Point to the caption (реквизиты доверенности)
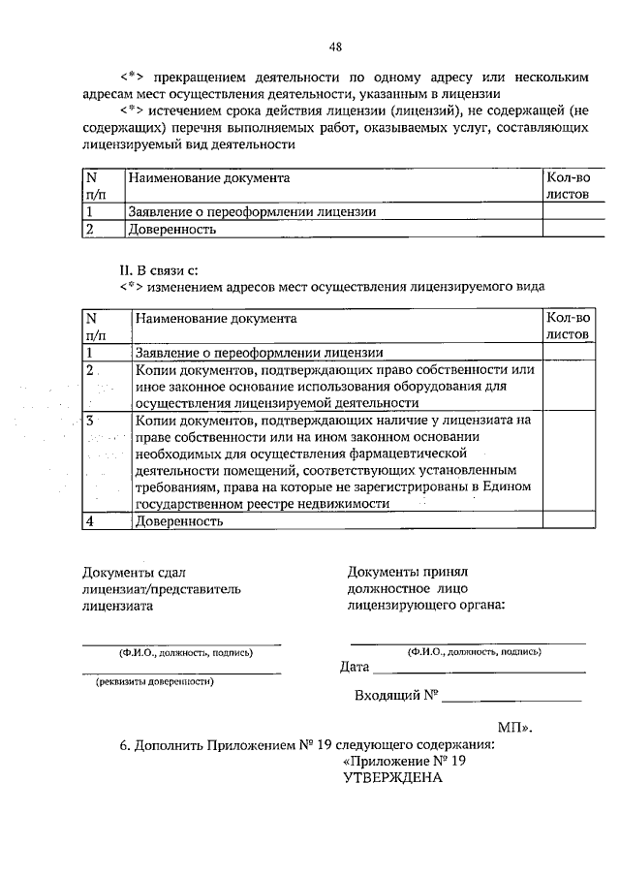point(154,681)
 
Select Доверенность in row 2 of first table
point(171,230)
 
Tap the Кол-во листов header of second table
point(568,326)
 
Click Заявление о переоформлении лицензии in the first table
point(251,211)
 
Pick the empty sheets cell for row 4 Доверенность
point(568,520)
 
